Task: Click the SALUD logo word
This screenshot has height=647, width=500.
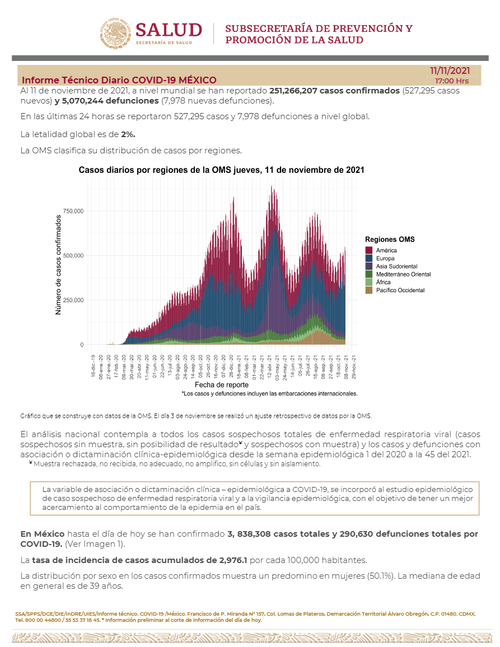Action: (x=169, y=30)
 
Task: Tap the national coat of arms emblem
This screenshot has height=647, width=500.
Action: (x=115, y=34)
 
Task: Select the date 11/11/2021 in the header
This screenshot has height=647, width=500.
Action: (x=450, y=71)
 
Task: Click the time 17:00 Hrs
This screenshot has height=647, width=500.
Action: (x=452, y=81)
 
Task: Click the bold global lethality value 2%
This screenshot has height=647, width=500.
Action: (x=128, y=134)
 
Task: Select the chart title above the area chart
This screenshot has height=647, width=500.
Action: (x=221, y=170)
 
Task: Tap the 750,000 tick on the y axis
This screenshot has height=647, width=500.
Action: (x=73, y=211)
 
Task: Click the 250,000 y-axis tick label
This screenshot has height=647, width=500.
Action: (x=73, y=301)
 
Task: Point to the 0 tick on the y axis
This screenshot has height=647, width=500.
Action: (x=82, y=345)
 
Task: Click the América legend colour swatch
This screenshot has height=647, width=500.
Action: (x=369, y=251)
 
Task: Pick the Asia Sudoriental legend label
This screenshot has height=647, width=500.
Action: (x=396, y=266)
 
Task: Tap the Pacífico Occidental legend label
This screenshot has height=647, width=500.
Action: (x=400, y=290)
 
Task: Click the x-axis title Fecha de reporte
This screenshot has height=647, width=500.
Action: (x=222, y=385)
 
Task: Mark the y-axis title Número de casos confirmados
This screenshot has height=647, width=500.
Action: (x=58, y=265)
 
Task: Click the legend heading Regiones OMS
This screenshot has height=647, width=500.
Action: (x=390, y=240)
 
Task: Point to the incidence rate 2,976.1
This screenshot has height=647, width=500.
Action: (x=233, y=560)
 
